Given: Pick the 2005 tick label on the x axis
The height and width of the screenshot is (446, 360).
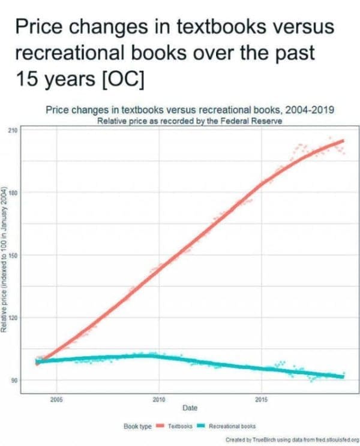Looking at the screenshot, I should tap(56, 399).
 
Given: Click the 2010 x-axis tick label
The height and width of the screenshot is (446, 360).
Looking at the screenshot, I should tap(159, 399).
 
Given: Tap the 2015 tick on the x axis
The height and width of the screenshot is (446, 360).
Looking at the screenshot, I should tap(262, 399).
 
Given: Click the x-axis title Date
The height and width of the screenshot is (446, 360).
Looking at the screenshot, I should tap(190, 408).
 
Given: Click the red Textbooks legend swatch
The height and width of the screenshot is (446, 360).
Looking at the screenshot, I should tap(160, 426).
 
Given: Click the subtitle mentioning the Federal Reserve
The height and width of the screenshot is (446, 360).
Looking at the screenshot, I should tap(190, 120).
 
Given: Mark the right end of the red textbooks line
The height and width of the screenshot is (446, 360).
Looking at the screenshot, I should tap(344, 141).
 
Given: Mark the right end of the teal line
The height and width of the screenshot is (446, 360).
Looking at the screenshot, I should tap(344, 376).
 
